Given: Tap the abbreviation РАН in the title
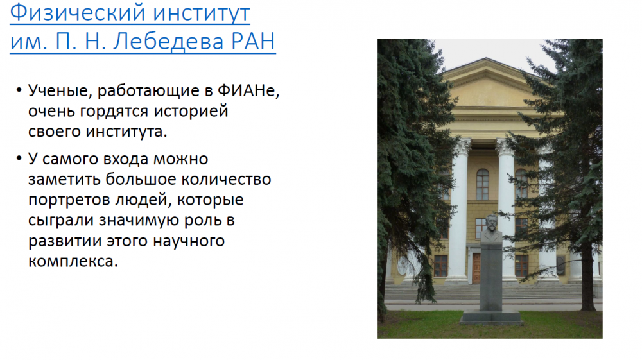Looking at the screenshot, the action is pos(252,41).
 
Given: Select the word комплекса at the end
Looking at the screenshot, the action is pos(73,261).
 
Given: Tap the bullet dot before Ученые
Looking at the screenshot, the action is pos(19,90).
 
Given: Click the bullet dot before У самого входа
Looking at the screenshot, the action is pos(19,159).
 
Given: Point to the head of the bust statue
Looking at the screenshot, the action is pos(491,222).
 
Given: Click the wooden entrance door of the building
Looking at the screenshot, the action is pos(476,268).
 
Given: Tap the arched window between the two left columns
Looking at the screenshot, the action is pos(483,185).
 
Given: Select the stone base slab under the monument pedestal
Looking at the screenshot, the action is pos(491,318).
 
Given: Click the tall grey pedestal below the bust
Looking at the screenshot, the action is pos(491,276).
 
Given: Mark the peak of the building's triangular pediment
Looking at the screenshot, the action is pos(486,58).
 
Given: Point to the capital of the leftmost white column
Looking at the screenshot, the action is pos(462,146).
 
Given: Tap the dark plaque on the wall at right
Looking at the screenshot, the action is pos(561,266).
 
